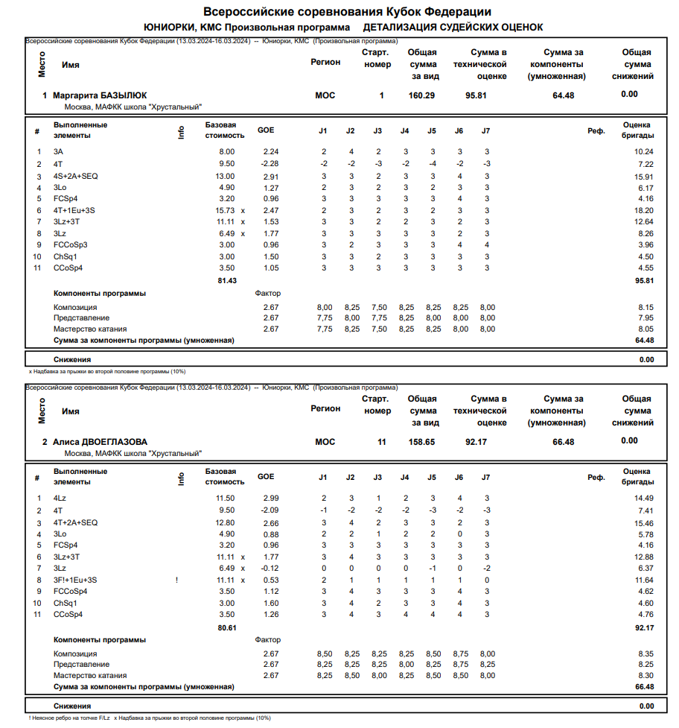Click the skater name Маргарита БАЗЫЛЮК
[x=100, y=95]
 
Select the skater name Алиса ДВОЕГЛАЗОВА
[x=100, y=441]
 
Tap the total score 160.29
[x=422, y=95]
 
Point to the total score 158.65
[x=422, y=441]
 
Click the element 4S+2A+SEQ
[x=76, y=176]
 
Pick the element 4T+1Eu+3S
[x=74, y=211]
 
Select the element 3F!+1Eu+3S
[x=76, y=580]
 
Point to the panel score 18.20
[x=643, y=211]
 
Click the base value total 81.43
[x=227, y=280]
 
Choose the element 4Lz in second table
[x=60, y=498]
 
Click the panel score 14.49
[x=643, y=498]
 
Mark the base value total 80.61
[x=227, y=628]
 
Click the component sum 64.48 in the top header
[x=564, y=95]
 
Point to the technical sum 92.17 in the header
[x=476, y=441]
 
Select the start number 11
[x=381, y=441]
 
